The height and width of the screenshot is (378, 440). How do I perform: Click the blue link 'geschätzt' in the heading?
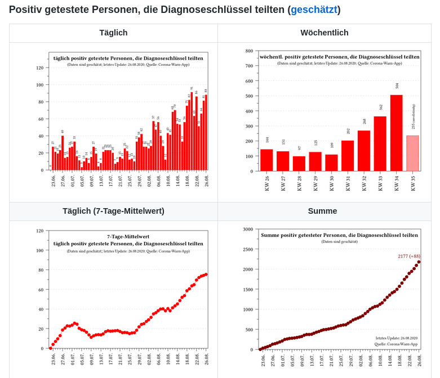(x=314, y=10)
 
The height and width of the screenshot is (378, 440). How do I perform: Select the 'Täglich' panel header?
(x=113, y=33)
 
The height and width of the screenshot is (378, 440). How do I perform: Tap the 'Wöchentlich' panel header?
(x=325, y=33)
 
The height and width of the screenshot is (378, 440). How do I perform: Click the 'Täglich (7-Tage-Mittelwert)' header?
(x=113, y=211)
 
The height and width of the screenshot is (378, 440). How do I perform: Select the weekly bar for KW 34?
(x=396, y=133)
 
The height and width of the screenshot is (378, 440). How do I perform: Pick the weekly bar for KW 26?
(x=266, y=160)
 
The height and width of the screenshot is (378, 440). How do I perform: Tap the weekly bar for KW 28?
(x=299, y=164)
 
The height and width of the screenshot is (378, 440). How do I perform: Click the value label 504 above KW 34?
(x=397, y=85)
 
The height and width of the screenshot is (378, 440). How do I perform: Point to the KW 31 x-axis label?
(x=348, y=183)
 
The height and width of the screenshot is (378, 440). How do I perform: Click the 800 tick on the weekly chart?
(x=249, y=51)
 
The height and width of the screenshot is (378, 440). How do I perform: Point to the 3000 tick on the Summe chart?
(x=248, y=229)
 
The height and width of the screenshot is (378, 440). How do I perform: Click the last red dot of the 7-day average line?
(x=206, y=274)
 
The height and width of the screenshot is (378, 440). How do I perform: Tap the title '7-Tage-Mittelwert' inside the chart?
(x=128, y=236)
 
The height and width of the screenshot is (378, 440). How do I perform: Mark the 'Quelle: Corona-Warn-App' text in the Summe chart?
(x=395, y=344)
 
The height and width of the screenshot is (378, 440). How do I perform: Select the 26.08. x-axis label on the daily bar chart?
(x=207, y=180)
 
